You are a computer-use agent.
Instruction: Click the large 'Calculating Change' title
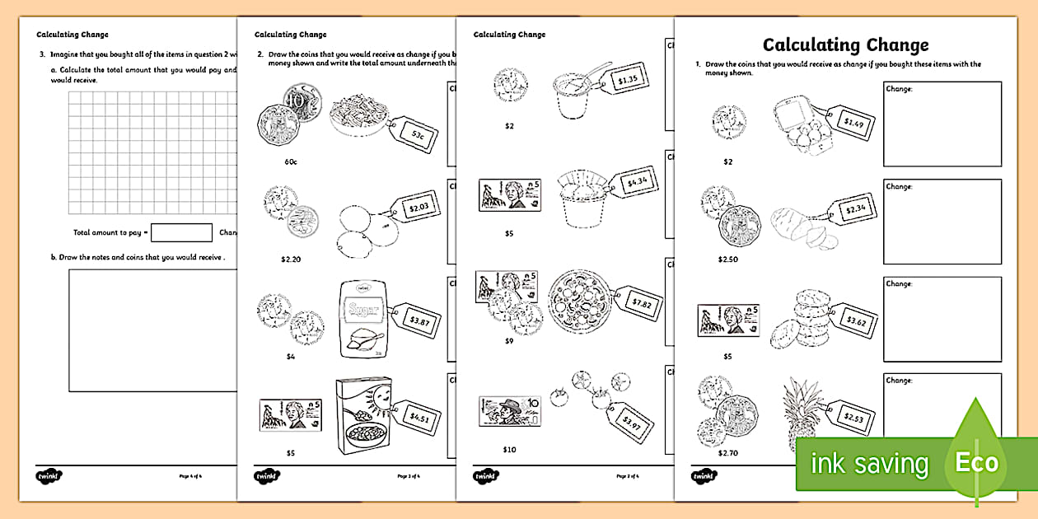(x=845, y=44)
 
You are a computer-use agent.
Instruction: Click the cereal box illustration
(x=360, y=416)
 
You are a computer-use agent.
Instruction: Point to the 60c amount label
(x=291, y=161)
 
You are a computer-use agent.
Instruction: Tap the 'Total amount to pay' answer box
(x=181, y=233)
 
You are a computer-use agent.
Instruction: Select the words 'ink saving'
(x=869, y=464)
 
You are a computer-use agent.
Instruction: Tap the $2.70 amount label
(x=727, y=452)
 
